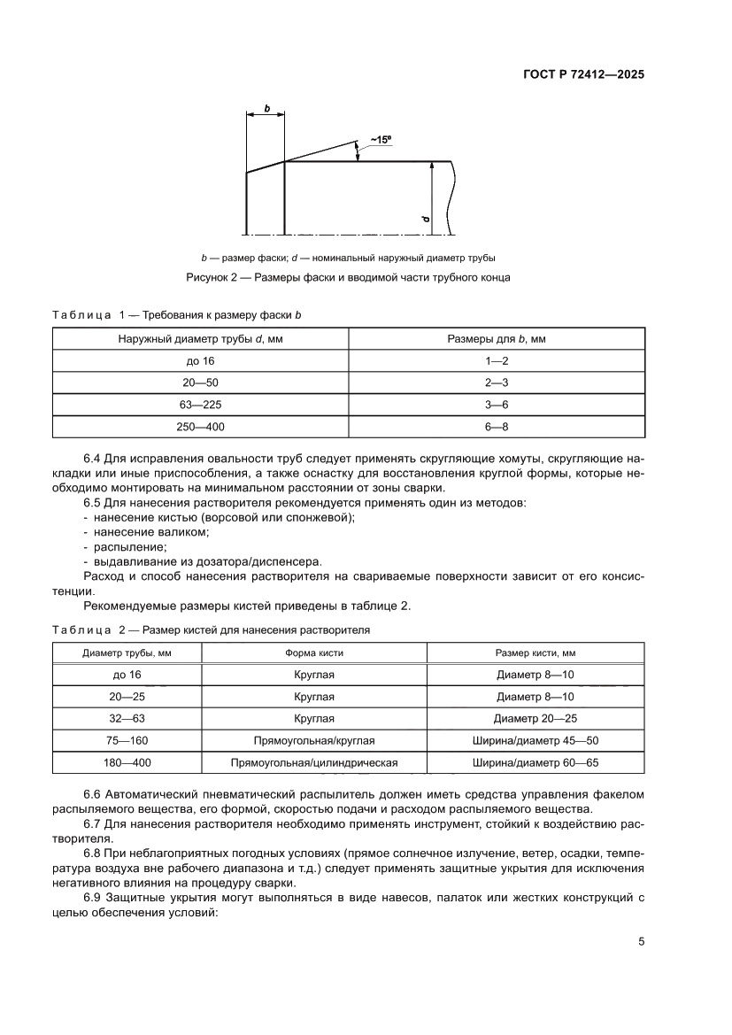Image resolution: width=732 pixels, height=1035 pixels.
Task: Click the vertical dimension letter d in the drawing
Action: [x=425, y=218]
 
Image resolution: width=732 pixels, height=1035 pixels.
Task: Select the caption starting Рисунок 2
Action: [x=348, y=277]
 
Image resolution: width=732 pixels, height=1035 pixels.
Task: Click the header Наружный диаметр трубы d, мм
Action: [x=200, y=338]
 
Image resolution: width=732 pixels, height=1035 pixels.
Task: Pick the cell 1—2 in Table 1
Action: [x=497, y=360]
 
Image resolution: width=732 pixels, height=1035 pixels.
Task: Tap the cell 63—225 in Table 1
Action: [x=200, y=404]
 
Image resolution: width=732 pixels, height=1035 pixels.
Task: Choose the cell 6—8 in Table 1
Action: [x=497, y=426]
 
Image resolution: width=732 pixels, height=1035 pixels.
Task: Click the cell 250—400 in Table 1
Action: [x=200, y=426]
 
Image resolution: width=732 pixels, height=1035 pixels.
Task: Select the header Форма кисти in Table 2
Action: [x=314, y=653]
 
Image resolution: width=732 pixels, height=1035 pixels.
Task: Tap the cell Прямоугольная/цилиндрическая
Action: [x=314, y=762]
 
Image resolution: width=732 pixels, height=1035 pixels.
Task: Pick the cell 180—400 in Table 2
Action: [x=127, y=762]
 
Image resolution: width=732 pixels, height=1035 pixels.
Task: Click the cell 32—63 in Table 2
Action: [x=127, y=719]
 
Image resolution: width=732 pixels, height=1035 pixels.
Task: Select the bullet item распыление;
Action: [x=124, y=546]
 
